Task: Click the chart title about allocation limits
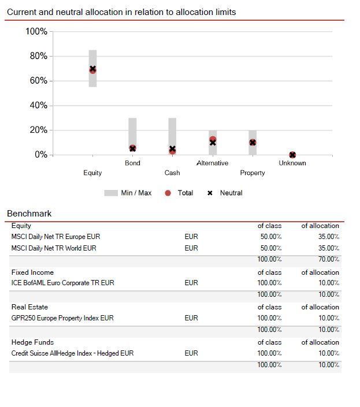coord(121,12)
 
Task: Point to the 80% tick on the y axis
coord(36,56)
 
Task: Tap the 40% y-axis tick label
coord(36,106)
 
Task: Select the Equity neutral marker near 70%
coord(92,69)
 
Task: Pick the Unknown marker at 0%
coord(292,155)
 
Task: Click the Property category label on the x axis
coord(253,173)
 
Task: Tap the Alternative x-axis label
coord(212,163)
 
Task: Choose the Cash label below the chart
coord(172,173)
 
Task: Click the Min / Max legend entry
coord(128,193)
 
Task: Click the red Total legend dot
coord(168,193)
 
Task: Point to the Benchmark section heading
coord(29,214)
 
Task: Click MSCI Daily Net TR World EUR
coord(54,248)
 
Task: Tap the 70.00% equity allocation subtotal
coord(329,260)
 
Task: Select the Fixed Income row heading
coord(32,272)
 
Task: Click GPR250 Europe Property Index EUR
coord(62,318)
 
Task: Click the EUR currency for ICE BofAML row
coord(191,283)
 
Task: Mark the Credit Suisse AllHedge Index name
coord(72,353)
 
